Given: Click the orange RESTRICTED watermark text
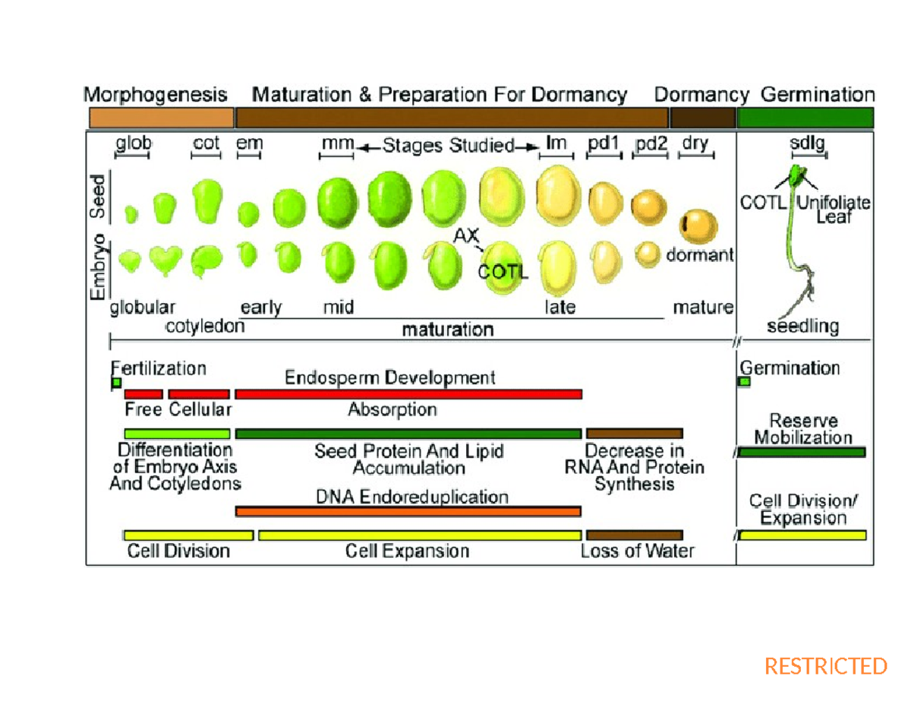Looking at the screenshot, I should [x=825, y=666].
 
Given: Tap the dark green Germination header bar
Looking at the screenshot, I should [x=805, y=118].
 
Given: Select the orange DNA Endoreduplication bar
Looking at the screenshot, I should [x=408, y=512].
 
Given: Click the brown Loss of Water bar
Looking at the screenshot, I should [x=634, y=535].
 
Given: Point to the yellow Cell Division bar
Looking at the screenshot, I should [x=188, y=535].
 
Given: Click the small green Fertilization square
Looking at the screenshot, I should [x=116, y=382].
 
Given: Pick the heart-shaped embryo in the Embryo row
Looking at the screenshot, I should [x=164, y=260].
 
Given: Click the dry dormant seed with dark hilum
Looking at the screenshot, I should [x=698, y=225].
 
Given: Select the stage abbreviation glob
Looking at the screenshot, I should [x=133, y=144].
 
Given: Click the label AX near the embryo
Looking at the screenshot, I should [x=465, y=236].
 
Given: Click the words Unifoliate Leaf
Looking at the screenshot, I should [x=834, y=210].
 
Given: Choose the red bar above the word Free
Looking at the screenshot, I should [x=143, y=394].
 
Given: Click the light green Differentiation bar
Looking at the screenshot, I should [x=177, y=433].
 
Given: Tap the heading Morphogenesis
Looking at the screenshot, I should [x=155, y=96].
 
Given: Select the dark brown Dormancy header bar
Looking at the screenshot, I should [x=702, y=118].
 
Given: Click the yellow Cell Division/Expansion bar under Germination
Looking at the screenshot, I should [x=803, y=535].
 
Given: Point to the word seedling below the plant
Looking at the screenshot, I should [x=802, y=327].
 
